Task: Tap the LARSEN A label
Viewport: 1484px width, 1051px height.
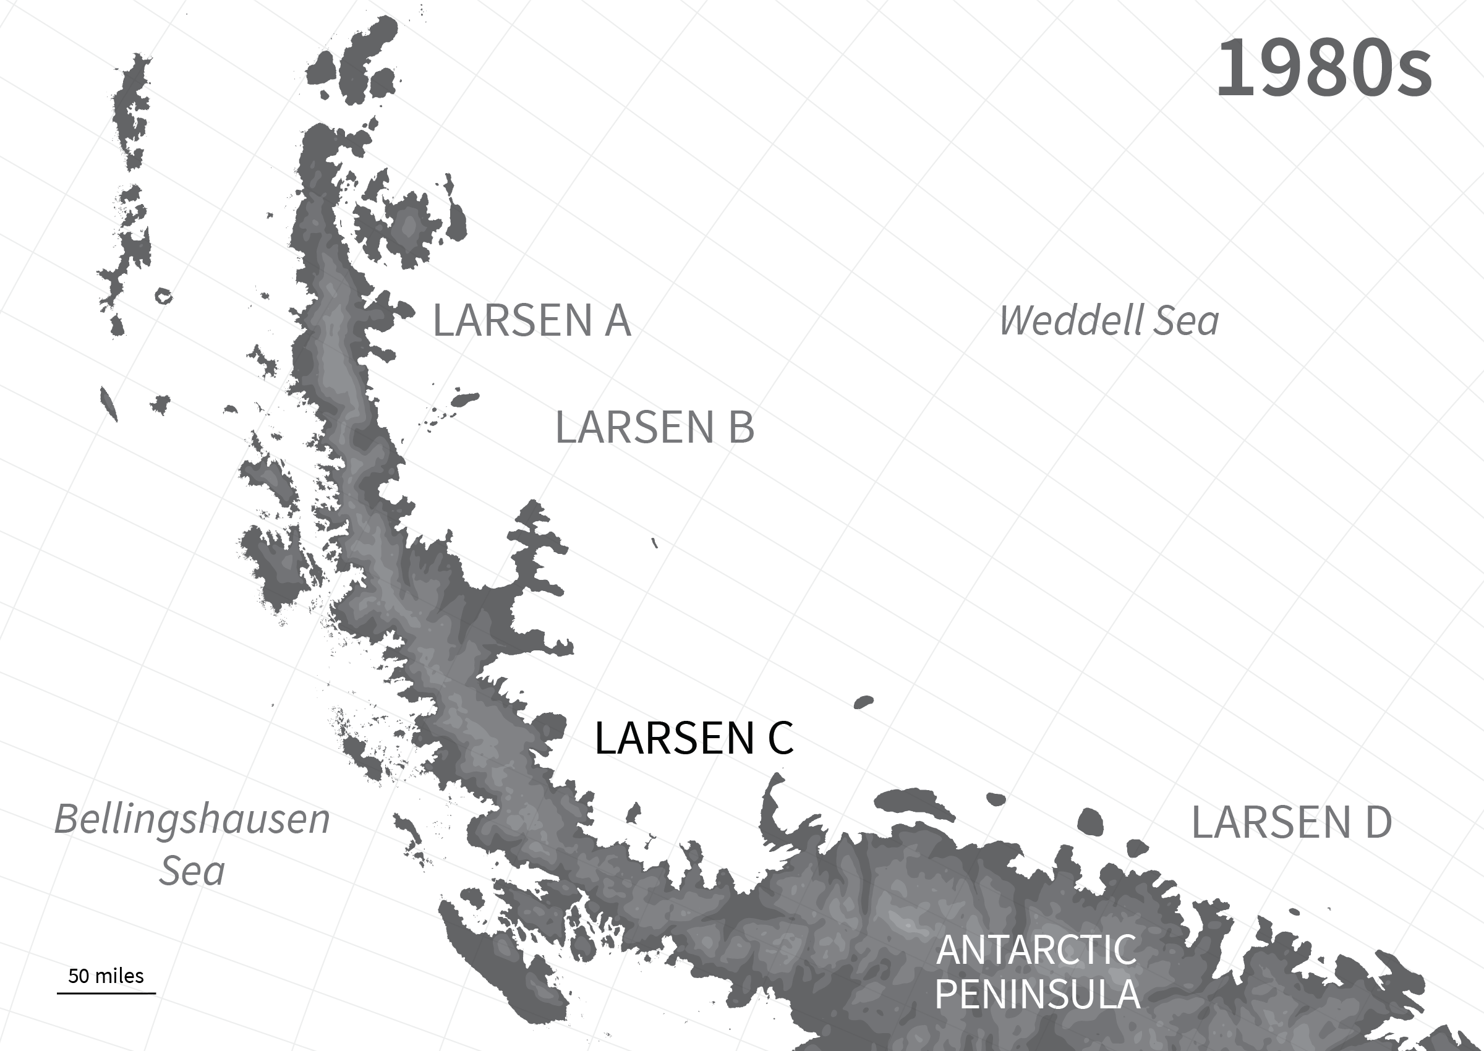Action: point(531,320)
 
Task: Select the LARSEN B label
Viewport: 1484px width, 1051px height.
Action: point(654,428)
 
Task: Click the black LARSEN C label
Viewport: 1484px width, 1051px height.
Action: point(693,738)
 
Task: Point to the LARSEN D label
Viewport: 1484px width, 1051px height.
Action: point(1292,822)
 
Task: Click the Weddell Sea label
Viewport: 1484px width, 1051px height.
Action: point(1109,321)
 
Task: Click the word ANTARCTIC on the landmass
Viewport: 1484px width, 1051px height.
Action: point(1036,950)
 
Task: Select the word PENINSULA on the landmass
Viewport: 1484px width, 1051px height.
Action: point(1038,995)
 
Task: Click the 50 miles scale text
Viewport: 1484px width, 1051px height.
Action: point(106,976)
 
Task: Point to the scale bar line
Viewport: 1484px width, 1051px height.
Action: point(106,992)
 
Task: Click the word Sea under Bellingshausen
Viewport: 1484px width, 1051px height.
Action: point(192,871)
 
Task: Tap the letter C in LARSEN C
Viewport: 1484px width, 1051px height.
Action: point(780,738)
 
